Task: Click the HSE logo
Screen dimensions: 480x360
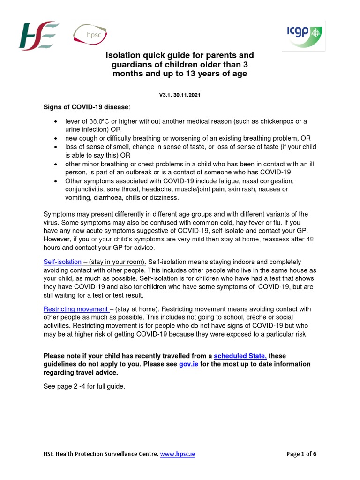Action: pos(38,36)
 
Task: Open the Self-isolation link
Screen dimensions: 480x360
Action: pos(62,262)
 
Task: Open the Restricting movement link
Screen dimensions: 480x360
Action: pos(76,309)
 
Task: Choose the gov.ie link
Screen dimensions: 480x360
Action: pos(188,364)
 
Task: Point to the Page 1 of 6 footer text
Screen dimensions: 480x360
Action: pos(304,454)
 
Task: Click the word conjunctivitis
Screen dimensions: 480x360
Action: pos(88,189)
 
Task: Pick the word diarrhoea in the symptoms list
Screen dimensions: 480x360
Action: pos(108,198)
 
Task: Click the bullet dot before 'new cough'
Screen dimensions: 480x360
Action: pos(56,139)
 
